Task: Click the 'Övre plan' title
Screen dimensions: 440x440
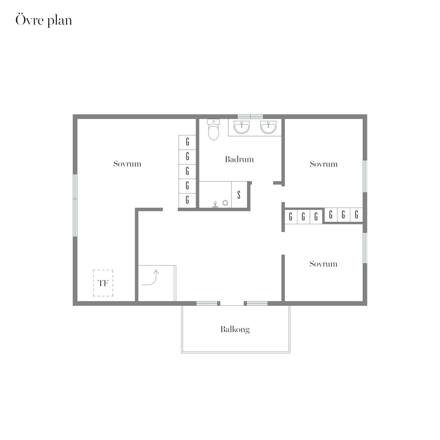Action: point(44,20)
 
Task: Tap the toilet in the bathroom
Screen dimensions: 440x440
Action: point(213,130)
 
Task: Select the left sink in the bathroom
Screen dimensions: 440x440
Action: point(242,128)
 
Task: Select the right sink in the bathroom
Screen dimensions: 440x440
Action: point(268,128)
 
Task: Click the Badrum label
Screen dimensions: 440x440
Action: point(240,159)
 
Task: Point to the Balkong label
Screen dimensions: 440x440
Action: point(235,330)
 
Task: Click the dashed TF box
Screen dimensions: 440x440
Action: point(103,283)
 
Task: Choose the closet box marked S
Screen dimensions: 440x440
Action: point(239,194)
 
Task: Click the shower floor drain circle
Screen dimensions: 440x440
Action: point(225,203)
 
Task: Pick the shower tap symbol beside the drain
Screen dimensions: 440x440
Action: point(215,204)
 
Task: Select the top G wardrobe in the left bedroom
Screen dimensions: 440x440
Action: point(187,142)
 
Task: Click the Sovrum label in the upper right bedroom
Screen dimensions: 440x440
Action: point(323,164)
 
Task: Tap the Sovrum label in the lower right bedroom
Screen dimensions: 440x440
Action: point(323,264)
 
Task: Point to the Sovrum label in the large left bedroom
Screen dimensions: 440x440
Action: point(127,164)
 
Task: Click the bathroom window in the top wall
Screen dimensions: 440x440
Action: point(250,117)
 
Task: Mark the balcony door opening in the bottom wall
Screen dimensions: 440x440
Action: point(232,304)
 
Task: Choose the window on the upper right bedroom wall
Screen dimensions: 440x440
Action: point(365,176)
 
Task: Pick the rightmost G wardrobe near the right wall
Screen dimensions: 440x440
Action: point(356,215)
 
